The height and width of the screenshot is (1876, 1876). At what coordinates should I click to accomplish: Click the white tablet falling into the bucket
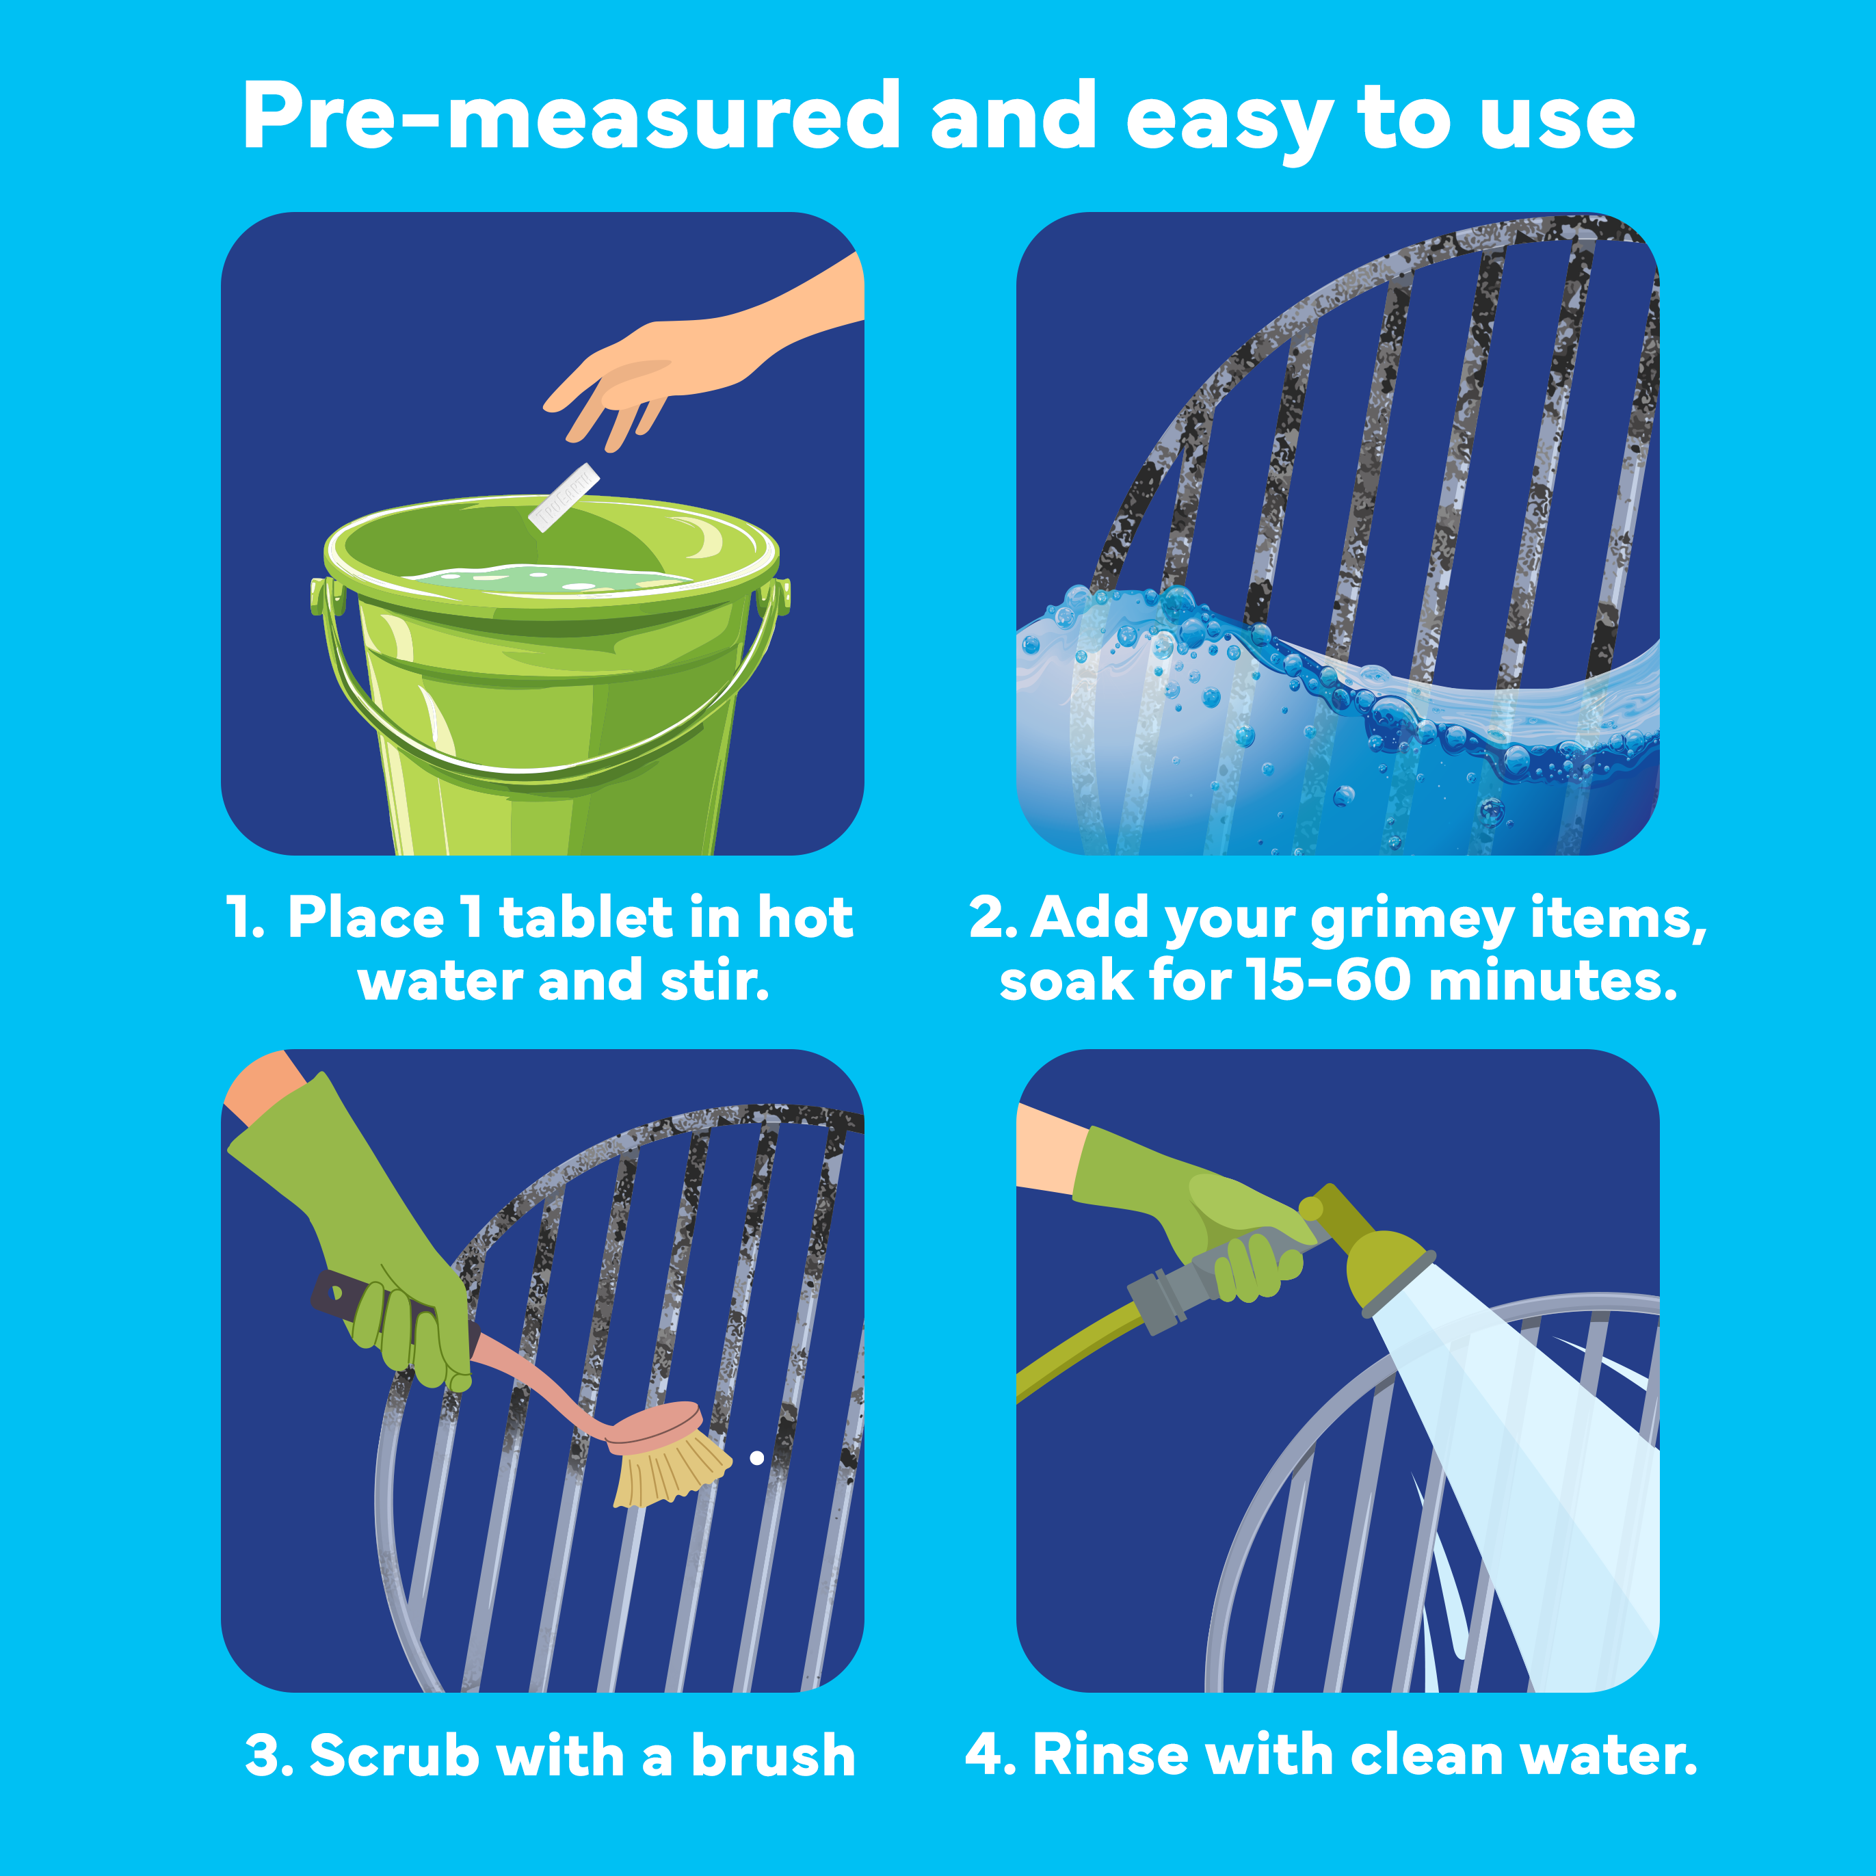[x=563, y=497]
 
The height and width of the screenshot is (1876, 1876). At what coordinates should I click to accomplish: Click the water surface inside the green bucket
[x=544, y=580]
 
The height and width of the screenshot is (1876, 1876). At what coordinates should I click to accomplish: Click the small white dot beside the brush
[x=756, y=1457]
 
